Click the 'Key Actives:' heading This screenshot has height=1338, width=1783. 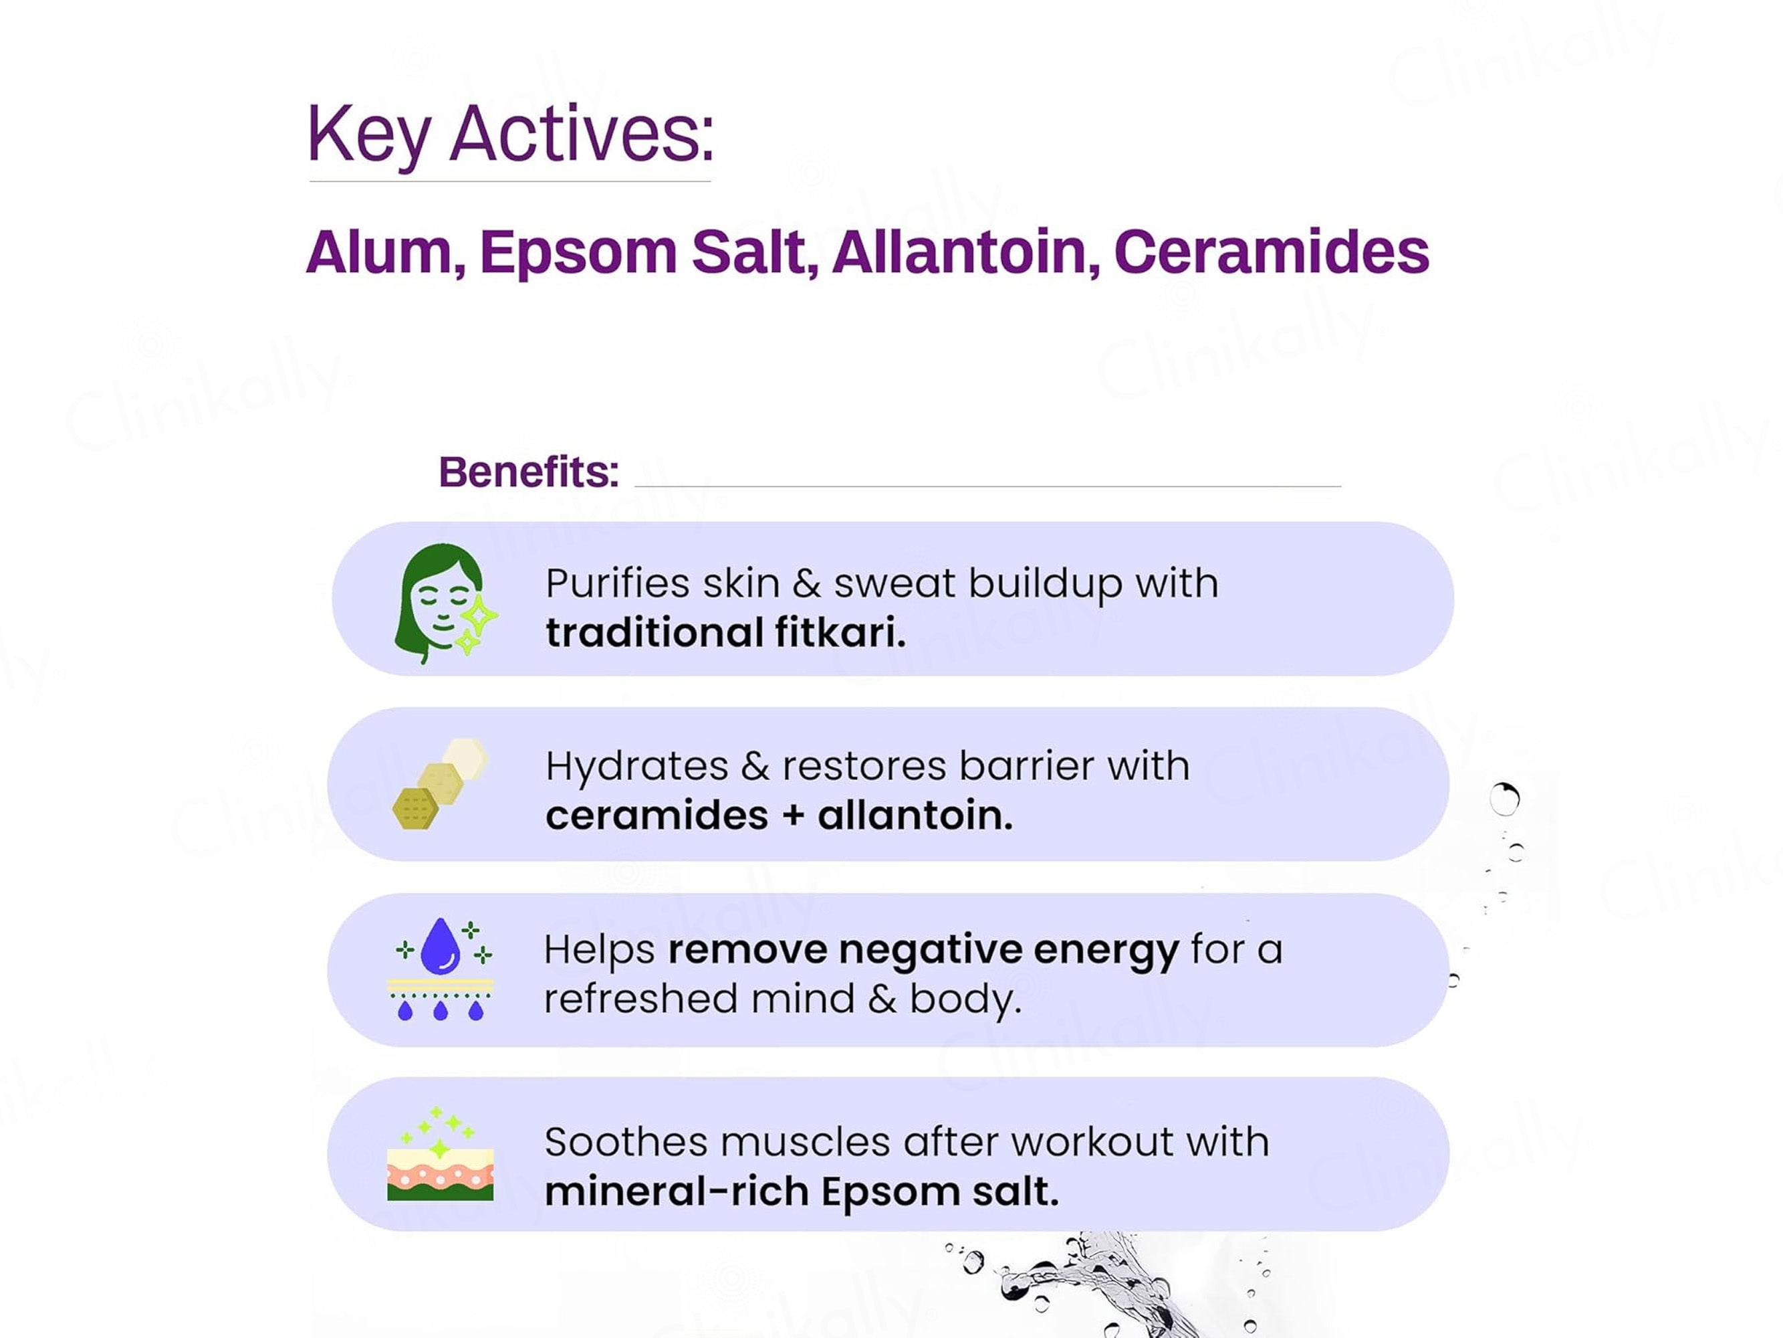click(509, 134)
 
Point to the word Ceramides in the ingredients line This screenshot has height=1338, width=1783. click(1271, 252)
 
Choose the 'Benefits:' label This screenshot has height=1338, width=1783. click(529, 472)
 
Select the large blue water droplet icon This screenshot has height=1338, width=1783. click(440, 945)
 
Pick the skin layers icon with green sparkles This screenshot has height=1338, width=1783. click(440, 1154)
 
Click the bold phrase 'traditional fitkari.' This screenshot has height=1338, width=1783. click(725, 632)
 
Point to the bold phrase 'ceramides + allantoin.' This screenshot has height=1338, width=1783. click(779, 816)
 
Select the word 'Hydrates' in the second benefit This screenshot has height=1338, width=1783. click(636, 766)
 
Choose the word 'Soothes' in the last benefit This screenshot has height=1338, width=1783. click(626, 1142)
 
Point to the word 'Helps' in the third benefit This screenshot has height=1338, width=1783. click(599, 950)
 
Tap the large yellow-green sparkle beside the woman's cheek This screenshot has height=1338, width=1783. click(479, 617)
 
